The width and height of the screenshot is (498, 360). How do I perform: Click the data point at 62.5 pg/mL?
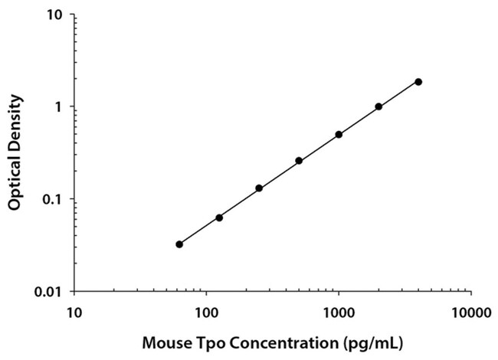coord(179,244)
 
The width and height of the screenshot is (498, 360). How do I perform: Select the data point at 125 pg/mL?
coord(219,218)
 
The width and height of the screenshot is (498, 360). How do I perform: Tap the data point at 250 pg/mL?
coord(259,188)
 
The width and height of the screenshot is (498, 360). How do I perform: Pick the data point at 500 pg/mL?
coord(299,161)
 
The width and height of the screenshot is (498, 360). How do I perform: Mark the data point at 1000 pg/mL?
coord(339,134)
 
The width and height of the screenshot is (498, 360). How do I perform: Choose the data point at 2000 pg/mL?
coord(378,106)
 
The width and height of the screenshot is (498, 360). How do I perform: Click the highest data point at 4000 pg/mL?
coord(418,81)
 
